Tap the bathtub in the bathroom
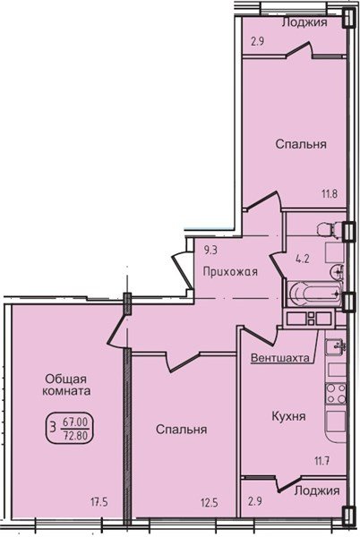click(x=312, y=292)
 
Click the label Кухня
click(x=289, y=416)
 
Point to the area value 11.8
click(x=330, y=192)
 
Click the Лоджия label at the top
click(x=304, y=22)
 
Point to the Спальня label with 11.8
click(x=300, y=143)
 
